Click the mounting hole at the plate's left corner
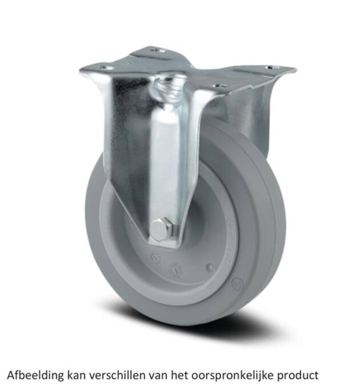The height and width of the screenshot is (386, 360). pos(103,67)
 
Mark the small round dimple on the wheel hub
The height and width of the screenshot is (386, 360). pos(210,266)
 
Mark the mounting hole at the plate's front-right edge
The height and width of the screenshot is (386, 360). pos(216,87)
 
